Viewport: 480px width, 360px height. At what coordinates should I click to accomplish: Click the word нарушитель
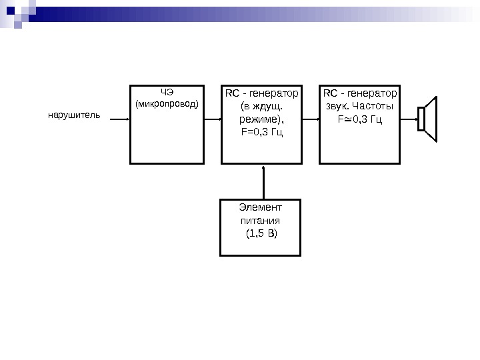[73, 115]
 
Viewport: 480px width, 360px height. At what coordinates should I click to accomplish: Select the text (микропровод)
[167, 104]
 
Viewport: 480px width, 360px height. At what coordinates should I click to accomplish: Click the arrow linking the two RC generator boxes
[311, 119]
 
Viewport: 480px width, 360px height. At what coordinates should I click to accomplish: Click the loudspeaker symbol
[427, 119]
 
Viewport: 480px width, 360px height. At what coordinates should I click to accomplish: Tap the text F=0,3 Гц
[261, 133]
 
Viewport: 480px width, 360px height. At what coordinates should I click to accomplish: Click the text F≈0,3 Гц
[360, 119]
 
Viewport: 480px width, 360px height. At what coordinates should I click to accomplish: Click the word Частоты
[373, 106]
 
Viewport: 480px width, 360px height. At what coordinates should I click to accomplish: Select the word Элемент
[260, 207]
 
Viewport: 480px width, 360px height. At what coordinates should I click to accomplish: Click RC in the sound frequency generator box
[330, 92]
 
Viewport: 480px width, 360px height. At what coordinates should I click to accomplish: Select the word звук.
[337, 106]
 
